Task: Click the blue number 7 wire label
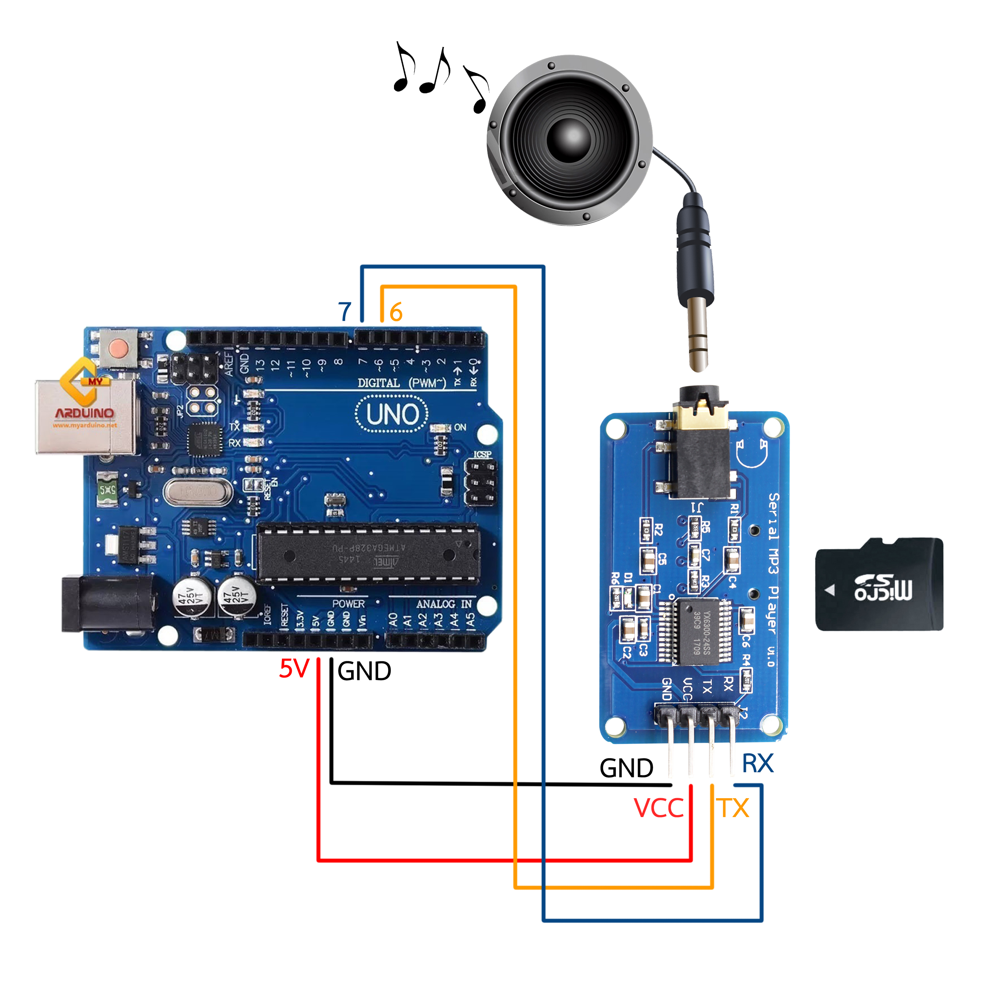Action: [x=345, y=311]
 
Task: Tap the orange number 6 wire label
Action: [x=396, y=312]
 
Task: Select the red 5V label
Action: [x=294, y=668]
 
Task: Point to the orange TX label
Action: [x=733, y=808]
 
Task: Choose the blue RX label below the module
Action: [x=758, y=764]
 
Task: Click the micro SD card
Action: [x=879, y=585]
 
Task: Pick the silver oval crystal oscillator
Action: [x=197, y=492]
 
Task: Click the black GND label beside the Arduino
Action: [x=364, y=671]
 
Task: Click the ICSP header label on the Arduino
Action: [x=482, y=455]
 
